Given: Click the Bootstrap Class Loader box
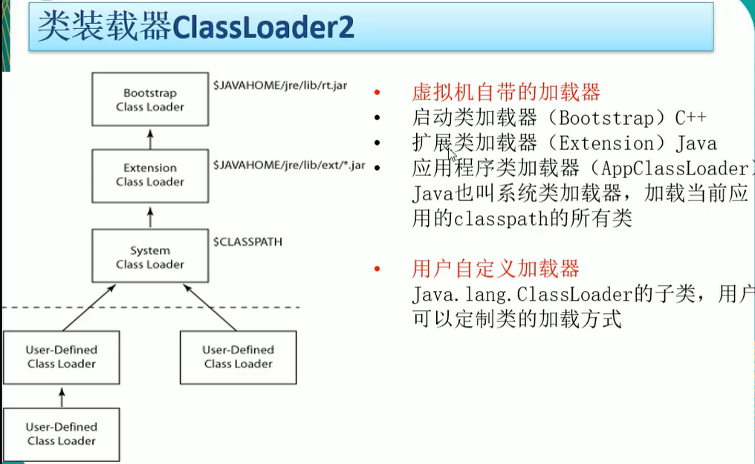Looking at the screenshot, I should tap(149, 99).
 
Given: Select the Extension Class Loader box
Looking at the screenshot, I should tap(149, 175).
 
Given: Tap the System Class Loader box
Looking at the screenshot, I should tap(149, 258).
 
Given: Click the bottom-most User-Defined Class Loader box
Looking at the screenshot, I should tap(61, 434).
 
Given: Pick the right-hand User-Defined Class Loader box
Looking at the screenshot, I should tap(238, 357).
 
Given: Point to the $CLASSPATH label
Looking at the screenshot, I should tap(247, 242).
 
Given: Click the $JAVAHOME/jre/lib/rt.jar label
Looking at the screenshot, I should tap(280, 85).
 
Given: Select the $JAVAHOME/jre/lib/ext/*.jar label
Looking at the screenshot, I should tap(288, 164).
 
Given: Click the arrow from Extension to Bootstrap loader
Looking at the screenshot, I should tap(149, 137).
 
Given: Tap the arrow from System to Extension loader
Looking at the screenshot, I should tap(149, 218).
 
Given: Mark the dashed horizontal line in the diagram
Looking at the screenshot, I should tap(149, 307).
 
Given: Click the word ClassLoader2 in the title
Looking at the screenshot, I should tap(263, 28).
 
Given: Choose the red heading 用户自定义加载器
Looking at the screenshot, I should tap(495, 269).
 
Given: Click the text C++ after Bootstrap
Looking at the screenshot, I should tap(690, 117).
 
